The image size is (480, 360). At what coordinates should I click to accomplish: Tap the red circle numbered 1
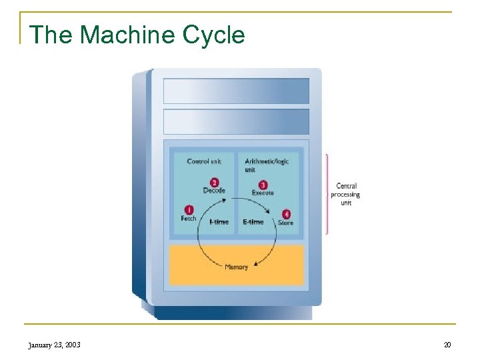tap(189, 209)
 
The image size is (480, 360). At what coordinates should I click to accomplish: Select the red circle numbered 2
tap(214, 182)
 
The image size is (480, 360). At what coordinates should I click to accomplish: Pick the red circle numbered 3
tap(263, 185)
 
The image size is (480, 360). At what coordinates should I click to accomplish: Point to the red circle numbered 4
tap(286, 214)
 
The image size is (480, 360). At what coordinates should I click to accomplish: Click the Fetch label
tap(189, 219)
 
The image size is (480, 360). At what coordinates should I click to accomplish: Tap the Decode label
tap(214, 191)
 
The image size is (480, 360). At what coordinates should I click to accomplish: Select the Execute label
tap(263, 193)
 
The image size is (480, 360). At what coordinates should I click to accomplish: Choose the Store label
tap(285, 223)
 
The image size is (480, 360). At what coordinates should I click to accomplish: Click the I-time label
tap(219, 222)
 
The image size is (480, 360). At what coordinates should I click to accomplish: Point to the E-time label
tap(253, 222)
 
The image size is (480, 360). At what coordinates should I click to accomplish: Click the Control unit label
tap(204, 161)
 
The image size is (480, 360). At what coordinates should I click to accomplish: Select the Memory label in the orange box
tap(236, 267)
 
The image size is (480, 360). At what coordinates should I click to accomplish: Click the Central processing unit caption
tap(345, 194)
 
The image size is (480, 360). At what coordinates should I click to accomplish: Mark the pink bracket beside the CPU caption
tap(327, 194)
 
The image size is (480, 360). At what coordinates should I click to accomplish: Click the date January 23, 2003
tap(54, 345)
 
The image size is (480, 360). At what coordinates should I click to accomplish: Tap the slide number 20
tap(447, 345)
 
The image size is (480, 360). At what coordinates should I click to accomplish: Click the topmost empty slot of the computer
tap(236, 91)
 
